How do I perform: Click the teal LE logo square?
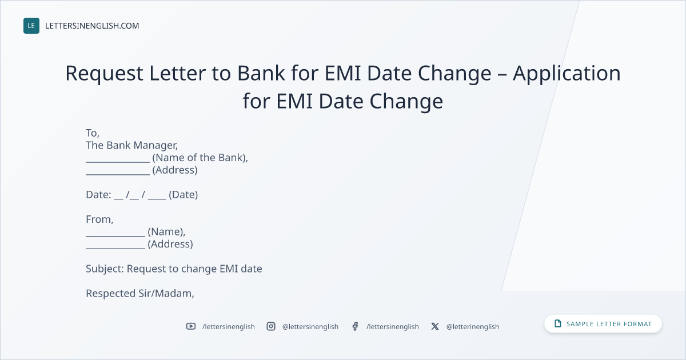click(x=31, y=26)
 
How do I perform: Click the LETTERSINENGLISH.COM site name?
click(x=92, y=26)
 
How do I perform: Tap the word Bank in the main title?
click(x=261, y=73)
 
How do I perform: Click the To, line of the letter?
click(x=93, y=133)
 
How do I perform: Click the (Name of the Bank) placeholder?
click(x=200, y=158)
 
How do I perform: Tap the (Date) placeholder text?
click(x=183, y=195)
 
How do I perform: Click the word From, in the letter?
click(x=99, y=219)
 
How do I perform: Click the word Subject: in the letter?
click(x=105, y=269)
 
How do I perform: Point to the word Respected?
click(x=111, y=294)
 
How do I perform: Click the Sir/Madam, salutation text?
click(x=166, y=294)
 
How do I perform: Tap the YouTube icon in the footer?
click(x=191, y=326)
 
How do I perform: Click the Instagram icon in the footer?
click(x=271, y=326)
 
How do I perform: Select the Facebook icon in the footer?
click(x=355, y=326)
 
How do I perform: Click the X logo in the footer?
click(x=435, y=326)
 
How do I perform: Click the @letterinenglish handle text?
click(x=473, y=327)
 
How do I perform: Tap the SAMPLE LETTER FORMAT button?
click(x=603, y=324)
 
